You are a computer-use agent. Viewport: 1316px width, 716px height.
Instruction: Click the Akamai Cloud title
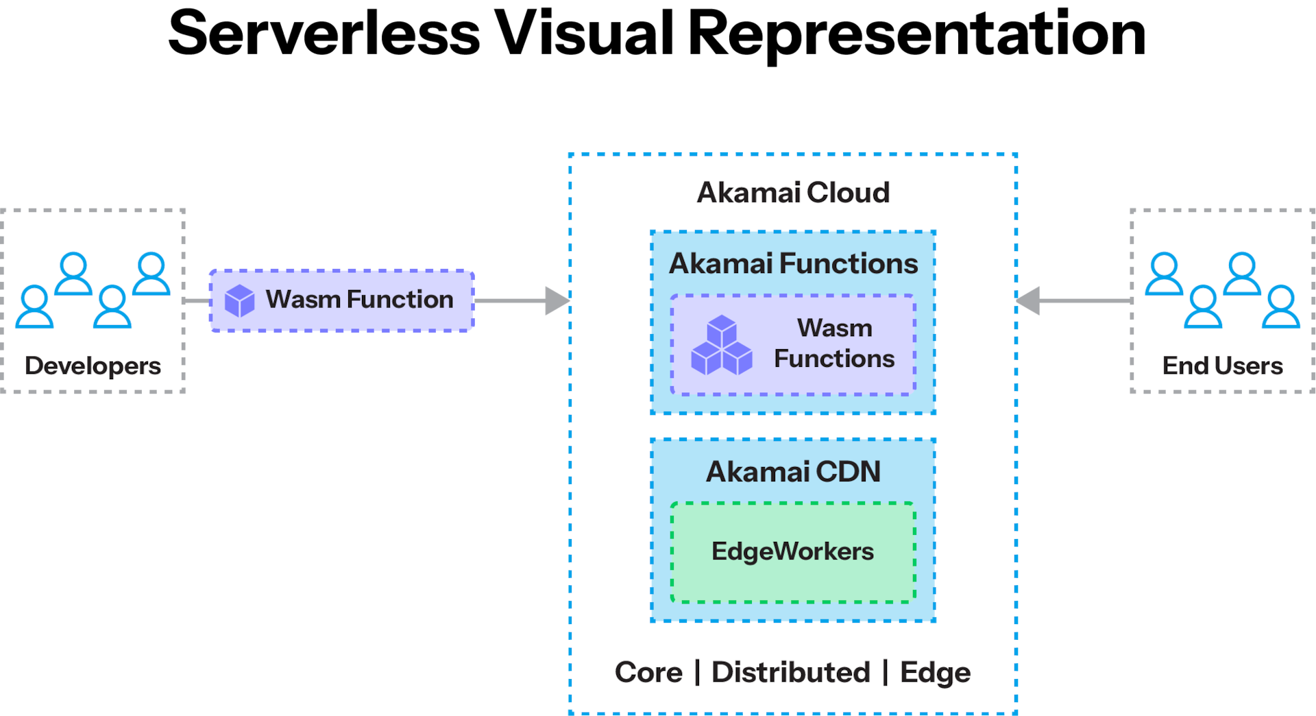(793, 193)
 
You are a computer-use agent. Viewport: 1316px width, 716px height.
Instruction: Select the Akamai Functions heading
(793, 264)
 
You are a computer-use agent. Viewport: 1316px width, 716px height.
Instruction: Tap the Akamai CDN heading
(793, 472)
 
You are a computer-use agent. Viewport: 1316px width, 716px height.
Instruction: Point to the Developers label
(93, 366)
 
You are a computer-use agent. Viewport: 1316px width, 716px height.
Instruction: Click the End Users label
(1222, 366)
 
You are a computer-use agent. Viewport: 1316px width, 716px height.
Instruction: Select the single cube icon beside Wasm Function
(240, 301)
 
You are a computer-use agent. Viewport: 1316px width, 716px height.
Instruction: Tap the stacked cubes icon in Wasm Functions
(722, 346)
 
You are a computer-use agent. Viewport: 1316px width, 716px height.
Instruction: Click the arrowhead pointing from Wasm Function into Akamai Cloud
(557, 301)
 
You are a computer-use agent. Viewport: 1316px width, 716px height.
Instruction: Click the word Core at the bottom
(648, 672)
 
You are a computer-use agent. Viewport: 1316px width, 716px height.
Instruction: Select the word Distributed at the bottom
(790, 672)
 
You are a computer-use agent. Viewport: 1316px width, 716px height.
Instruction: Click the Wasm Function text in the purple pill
(359, 300)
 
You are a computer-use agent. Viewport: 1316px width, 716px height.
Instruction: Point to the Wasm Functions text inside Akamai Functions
(834, 344)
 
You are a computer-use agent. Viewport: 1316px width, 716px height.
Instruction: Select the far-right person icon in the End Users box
(1281, 307)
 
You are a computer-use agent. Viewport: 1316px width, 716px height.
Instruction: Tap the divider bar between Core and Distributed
(697, 672)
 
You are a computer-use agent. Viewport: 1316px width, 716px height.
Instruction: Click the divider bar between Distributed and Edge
(885, 672)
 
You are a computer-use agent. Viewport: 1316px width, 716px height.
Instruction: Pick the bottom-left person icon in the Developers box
(34, 307)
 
